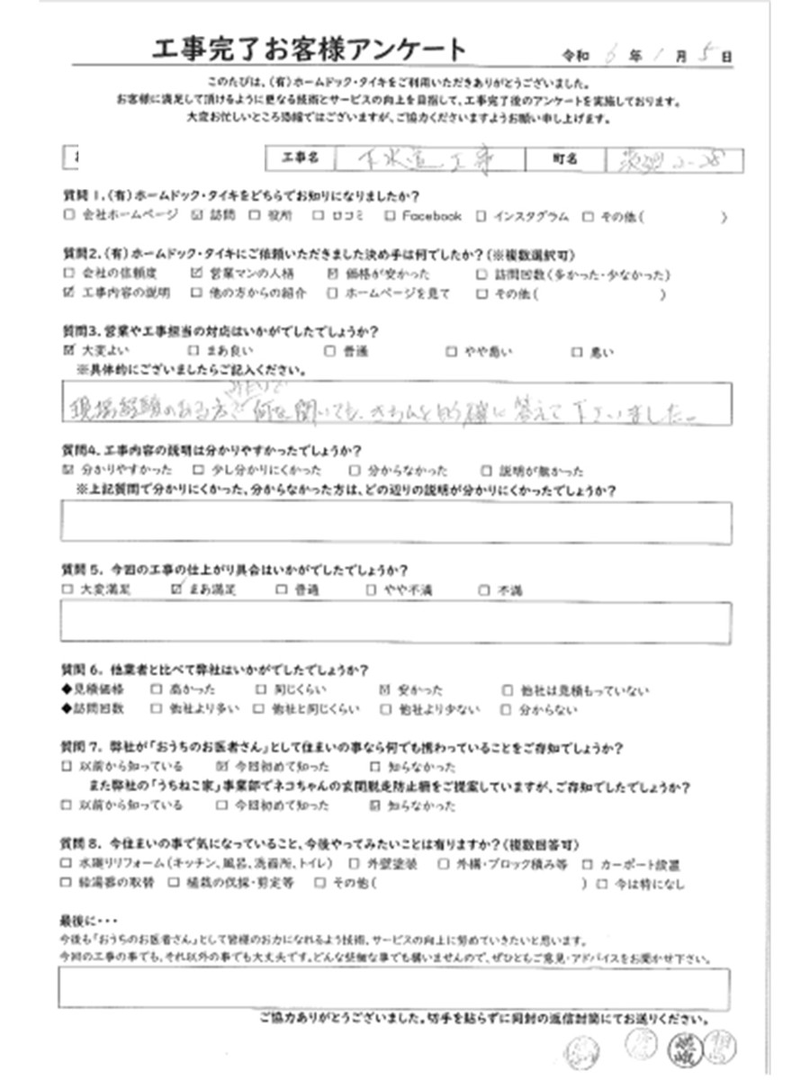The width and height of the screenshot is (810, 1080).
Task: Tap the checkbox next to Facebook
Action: point(390,216)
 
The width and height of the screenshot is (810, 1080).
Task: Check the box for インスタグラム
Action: point(481,216)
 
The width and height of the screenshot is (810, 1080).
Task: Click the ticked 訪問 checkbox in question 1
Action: point(199,216)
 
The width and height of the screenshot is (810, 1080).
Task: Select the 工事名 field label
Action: point(297,159)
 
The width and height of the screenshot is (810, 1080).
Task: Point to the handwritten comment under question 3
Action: point(387,404)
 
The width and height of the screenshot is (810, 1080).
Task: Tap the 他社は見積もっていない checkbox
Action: point(509,690)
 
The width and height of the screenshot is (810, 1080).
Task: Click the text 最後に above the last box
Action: point(86,923)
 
